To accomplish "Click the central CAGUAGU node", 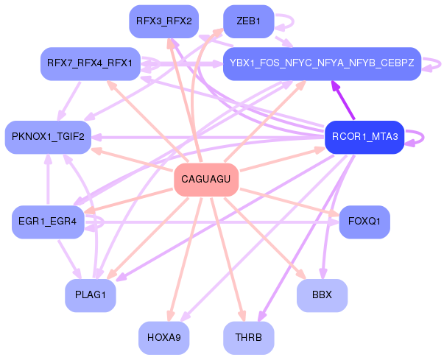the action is pos(206,180).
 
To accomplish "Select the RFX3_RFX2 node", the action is pos(164,21).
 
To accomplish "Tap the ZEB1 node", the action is pos(249,21).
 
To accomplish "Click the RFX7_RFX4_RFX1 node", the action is pos(91,63).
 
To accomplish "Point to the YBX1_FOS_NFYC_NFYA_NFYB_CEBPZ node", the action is pos(322,63).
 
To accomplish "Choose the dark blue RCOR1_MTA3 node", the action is pos(364,137).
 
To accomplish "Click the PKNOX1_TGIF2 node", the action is pos(48,137).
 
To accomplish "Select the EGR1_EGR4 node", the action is pos(48,222).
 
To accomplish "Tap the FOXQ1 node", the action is pos(364,222).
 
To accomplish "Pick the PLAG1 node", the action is pos(91,295).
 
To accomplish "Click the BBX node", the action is pos(322,295).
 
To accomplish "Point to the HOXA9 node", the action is pos(164,338).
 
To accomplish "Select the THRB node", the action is pos(249,338).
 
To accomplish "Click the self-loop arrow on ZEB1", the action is pos(293,21).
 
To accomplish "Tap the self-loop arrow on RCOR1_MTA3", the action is pos(423,138).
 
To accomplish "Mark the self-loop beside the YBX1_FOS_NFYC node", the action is pos(440,64).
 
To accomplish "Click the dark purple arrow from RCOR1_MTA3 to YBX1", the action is pos(343,100).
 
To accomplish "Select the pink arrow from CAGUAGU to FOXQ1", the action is pos(289,202).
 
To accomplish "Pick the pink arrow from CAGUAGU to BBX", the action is pos(265,239).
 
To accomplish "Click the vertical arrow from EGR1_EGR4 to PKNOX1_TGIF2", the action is pos(48,179).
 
